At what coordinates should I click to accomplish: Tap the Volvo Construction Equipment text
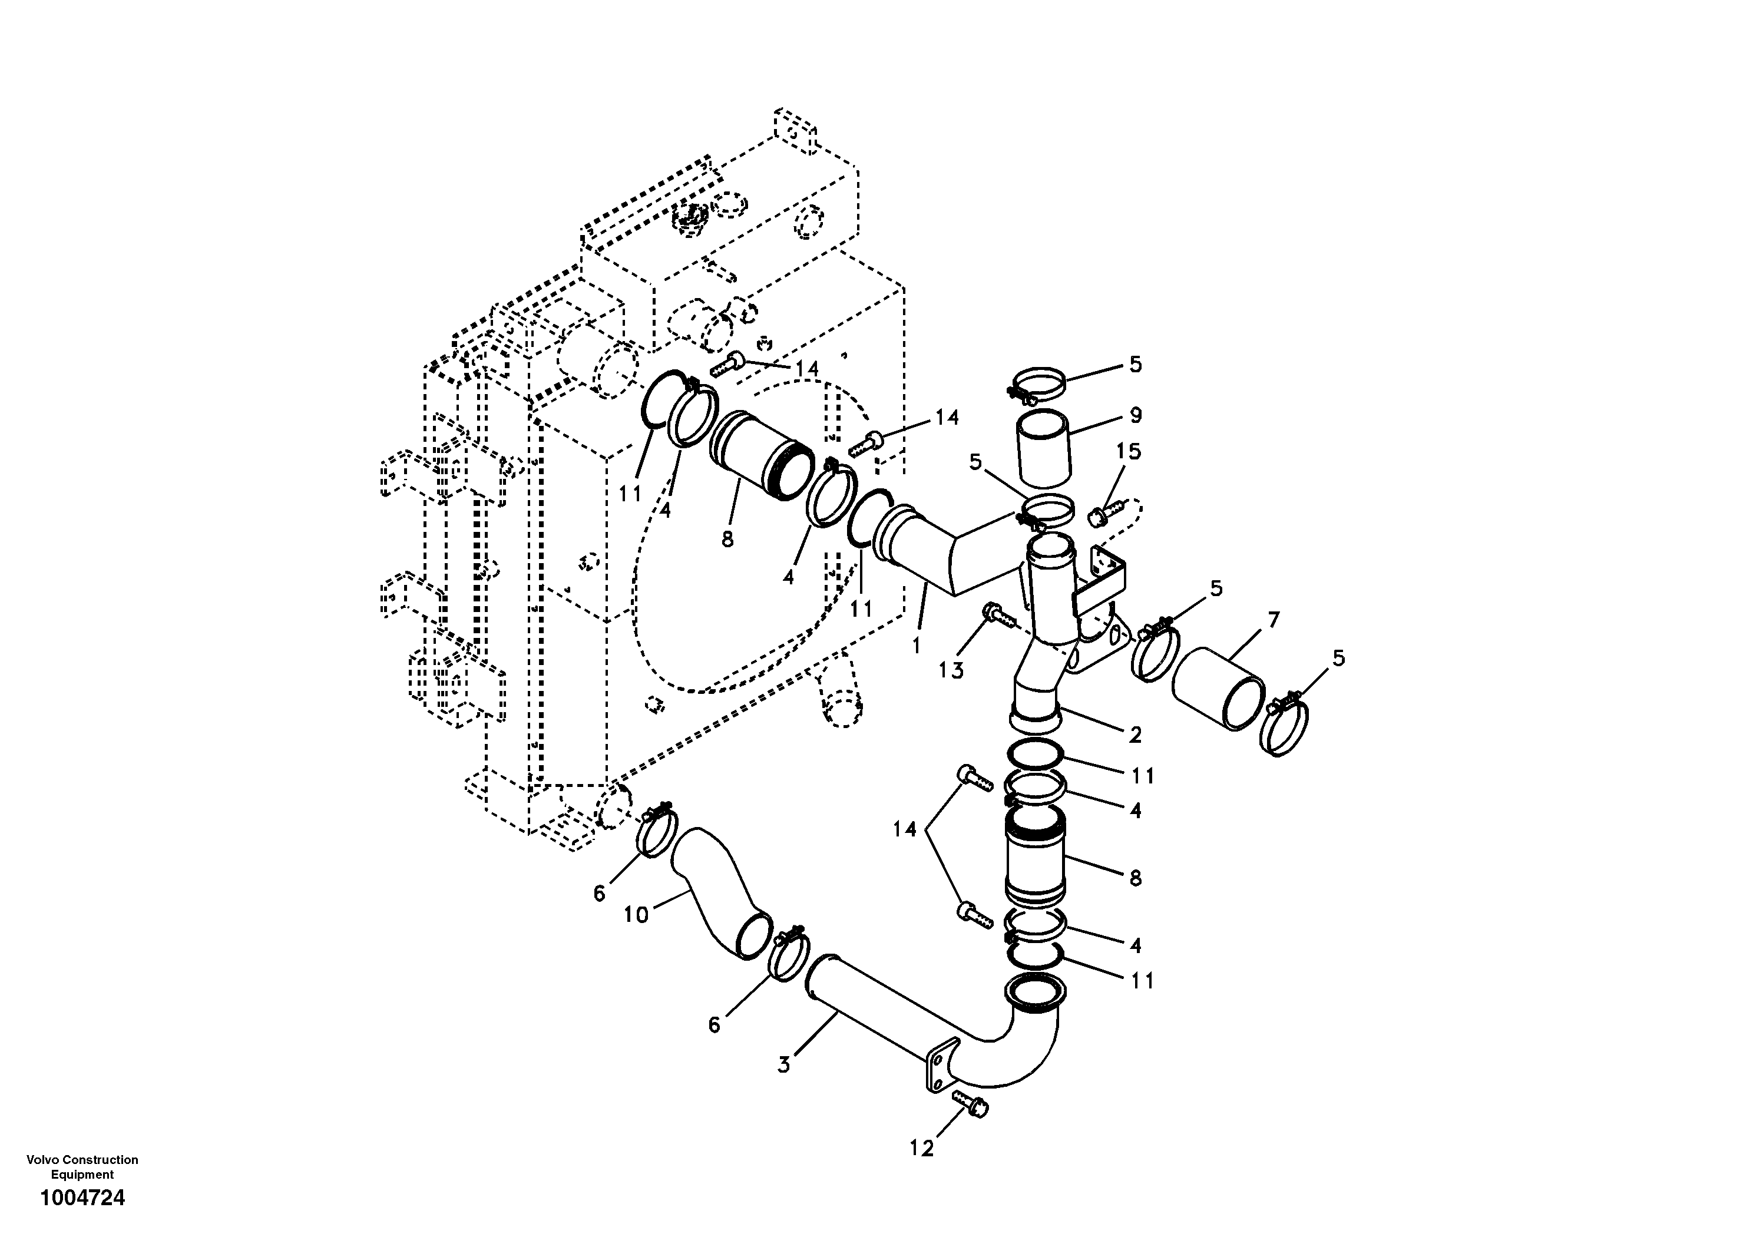point(82,1167)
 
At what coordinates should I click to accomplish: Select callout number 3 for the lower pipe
point(784,1064)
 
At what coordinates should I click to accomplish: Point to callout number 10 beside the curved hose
point(636,914)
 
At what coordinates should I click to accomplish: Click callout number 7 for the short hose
point(1273,620)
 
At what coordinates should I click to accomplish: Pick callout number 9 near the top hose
point(1135,416)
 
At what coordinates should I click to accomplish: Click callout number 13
point(951,670)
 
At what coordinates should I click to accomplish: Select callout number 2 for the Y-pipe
point(1135,735)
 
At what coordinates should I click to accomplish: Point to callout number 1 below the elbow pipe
point(916,645)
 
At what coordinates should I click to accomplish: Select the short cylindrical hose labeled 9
point(1045,448)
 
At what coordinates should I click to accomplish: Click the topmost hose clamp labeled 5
point(1038,384)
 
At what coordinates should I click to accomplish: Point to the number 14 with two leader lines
point(905,829)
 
